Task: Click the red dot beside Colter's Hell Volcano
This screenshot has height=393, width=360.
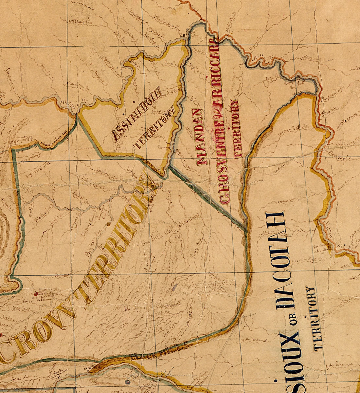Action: (35, 294)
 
